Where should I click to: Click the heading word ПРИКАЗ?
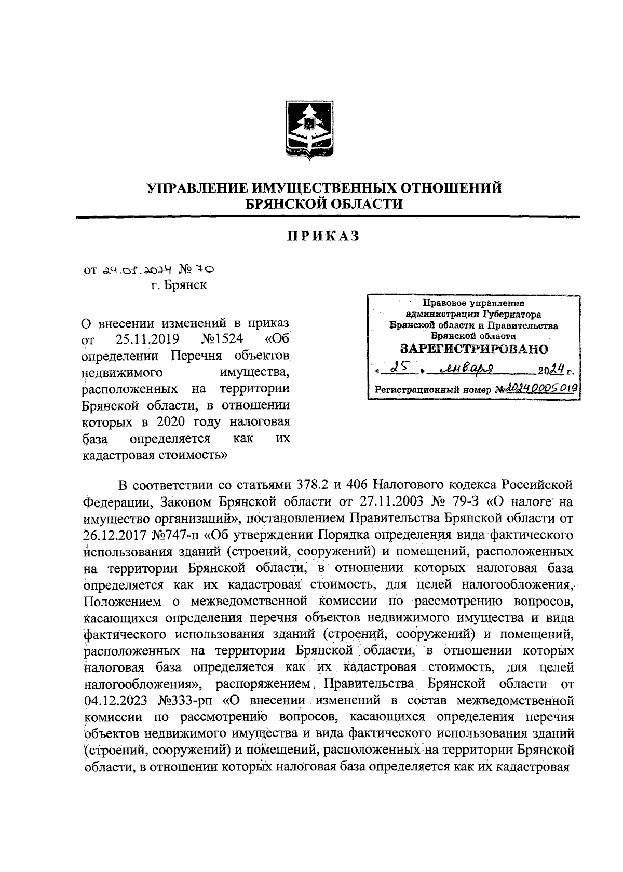point(324,236)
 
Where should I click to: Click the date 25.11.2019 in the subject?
point(147,340)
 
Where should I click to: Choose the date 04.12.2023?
point(115,701)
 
